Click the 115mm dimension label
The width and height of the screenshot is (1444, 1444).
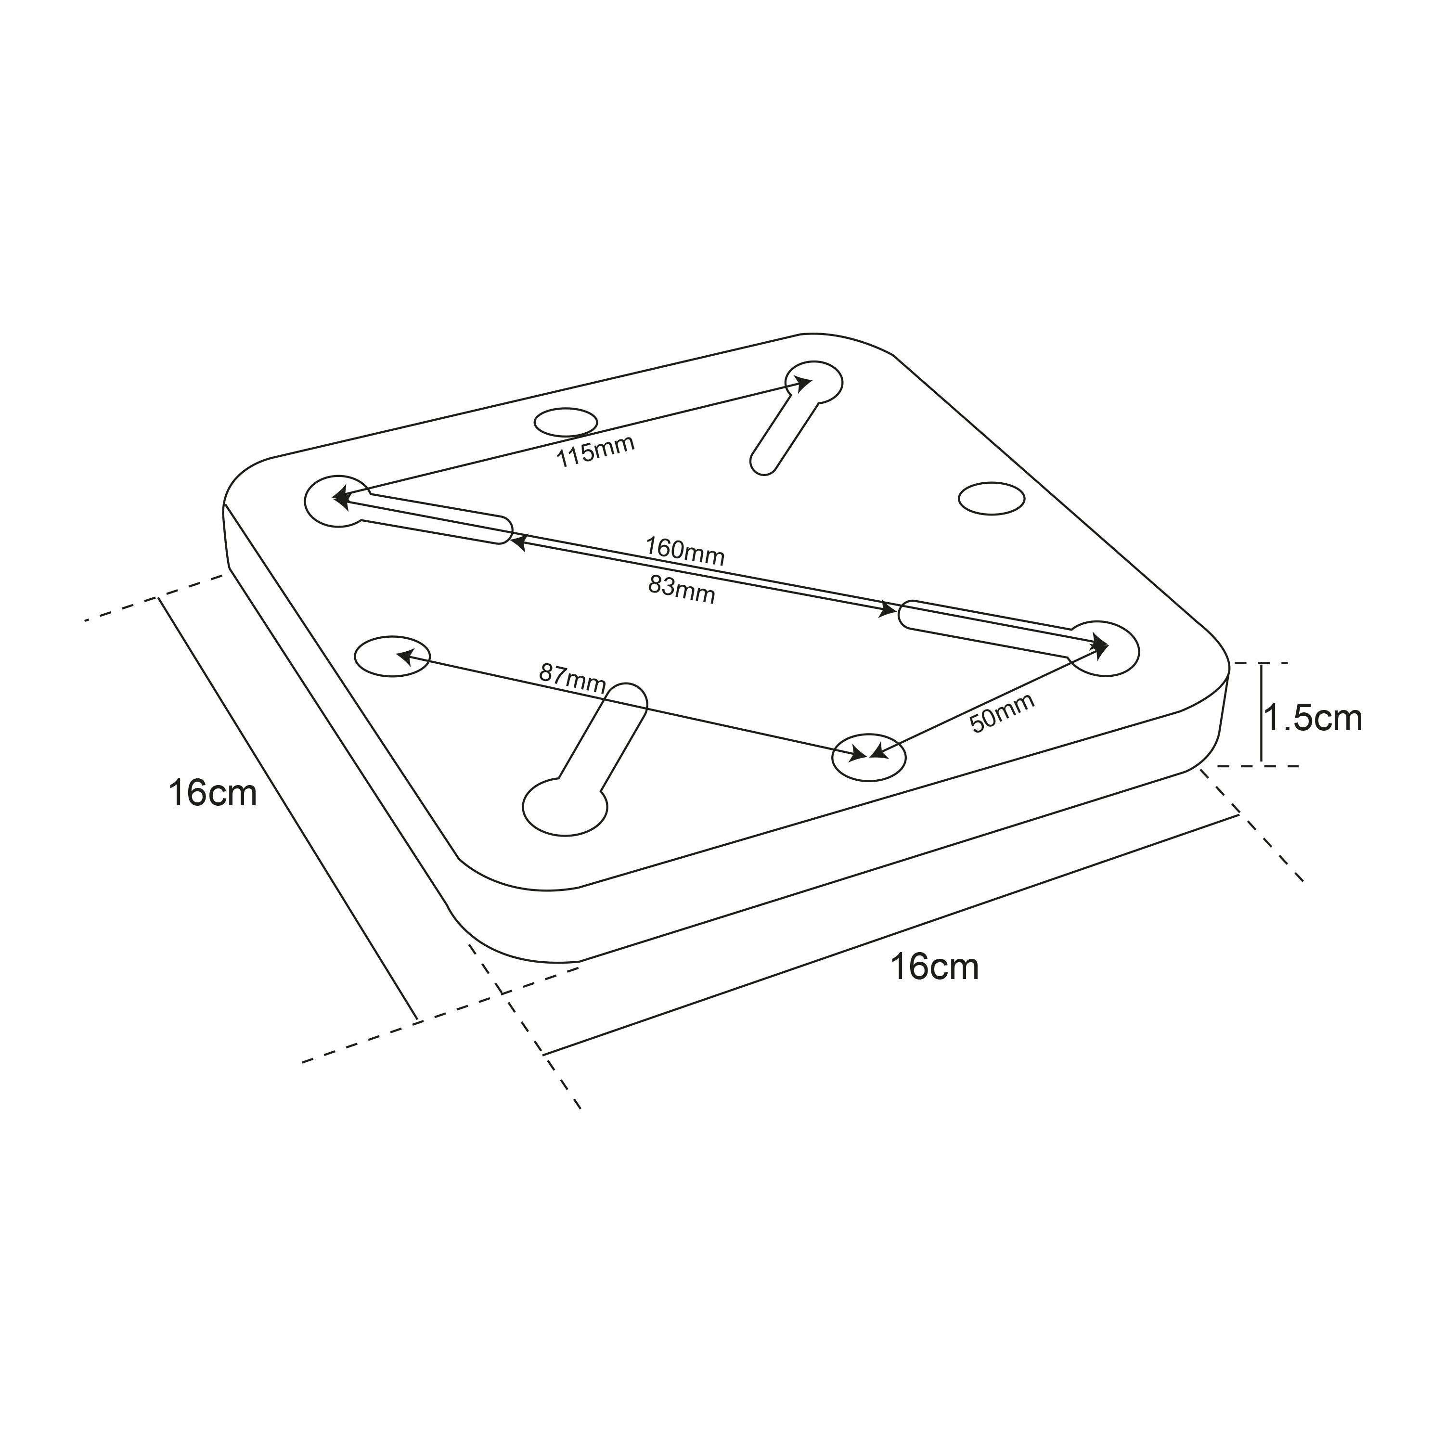point(596,451)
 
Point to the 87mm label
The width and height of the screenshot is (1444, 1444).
point(572,677)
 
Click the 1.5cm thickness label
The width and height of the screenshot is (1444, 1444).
point(1313,718)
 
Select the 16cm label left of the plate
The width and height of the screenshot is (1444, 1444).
point(212,793)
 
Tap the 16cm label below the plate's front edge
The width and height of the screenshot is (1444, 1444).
point(934,967)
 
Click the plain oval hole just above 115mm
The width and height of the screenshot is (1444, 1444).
point(566,422)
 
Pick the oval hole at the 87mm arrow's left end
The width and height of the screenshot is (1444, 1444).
point(392,657)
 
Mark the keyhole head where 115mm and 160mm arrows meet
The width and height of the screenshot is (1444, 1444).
point(338,500)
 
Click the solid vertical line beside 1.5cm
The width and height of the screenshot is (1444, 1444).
point(1261,713)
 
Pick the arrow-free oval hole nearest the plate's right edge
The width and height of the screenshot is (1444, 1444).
point(991,499)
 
